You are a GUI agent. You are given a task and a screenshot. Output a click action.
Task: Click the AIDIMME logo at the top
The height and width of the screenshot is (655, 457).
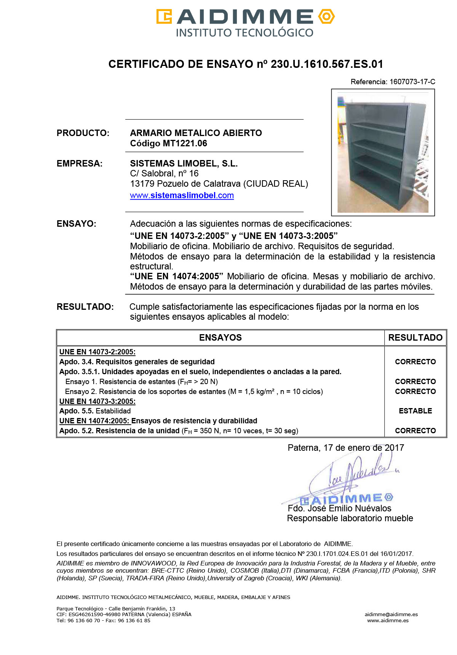coord(245,23)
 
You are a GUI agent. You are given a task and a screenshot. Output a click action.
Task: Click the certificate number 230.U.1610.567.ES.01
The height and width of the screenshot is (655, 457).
coord(327,64)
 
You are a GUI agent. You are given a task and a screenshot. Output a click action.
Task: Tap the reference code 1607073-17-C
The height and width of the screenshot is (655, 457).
coord(412,82)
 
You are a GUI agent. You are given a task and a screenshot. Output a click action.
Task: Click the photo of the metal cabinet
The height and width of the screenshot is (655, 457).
coord(383,152)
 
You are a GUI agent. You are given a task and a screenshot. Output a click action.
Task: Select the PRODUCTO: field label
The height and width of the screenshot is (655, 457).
coord(83,133)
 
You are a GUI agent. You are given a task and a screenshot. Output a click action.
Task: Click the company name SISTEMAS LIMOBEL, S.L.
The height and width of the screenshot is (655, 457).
coord(184,163)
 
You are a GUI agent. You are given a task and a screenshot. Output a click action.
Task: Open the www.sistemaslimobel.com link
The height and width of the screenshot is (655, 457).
coord(182,195)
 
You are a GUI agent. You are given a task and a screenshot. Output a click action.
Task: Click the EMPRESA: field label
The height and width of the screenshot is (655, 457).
coord(80,163)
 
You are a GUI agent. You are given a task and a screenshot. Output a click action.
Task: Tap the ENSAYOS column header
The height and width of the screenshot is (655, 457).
coord(221,338)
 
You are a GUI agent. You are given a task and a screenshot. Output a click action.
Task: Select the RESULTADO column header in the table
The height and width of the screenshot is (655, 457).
coord(415,338)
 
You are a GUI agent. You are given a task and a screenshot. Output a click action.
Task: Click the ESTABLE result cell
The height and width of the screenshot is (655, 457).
coord(415,411)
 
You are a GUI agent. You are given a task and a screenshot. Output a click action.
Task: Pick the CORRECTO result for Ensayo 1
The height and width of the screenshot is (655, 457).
coord(415,381)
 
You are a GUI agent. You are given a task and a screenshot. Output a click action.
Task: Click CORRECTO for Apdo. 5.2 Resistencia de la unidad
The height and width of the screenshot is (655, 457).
coord(415,431)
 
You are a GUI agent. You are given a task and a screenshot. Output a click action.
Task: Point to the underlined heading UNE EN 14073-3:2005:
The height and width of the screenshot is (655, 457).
coord(97,401)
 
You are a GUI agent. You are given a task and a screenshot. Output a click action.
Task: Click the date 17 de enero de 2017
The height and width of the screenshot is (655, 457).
coord(364,448)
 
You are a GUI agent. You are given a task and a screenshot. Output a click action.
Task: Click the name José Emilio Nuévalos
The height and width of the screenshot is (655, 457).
coord(349,508)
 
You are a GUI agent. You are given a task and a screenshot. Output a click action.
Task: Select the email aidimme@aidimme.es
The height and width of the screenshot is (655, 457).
coord(391,614)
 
